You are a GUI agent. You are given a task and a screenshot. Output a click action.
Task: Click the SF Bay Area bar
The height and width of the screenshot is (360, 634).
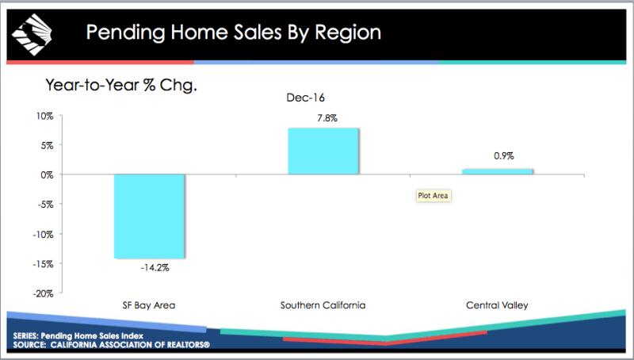pyautogui.click(x=149, y=216)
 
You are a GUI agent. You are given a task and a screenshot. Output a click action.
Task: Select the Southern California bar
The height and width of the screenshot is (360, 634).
pyautogui.click(x=323, y=151)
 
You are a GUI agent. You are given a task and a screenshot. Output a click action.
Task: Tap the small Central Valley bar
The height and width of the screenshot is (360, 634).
pyautogui.click(x=498, y=171)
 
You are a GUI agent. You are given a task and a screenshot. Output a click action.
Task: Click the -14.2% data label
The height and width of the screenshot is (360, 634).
pyautogui.click(x=155, y=268)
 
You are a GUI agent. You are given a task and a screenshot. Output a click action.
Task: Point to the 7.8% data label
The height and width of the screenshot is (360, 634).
pyautogui.click(x=327, y=118)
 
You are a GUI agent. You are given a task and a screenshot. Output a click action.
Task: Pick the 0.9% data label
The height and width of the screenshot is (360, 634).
pyautogui.click(x=504, y=155)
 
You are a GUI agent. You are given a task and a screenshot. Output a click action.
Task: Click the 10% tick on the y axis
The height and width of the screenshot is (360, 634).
pyautogui.click(x=45, y=116)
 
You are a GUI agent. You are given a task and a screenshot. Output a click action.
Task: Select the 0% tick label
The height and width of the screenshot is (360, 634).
pyautogui.click(x=47, y=175)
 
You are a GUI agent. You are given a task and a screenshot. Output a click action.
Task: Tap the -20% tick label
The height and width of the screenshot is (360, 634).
pyautogui.click(x=44, y=293)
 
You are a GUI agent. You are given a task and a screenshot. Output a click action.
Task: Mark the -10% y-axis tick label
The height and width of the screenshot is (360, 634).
pyautogui.click(x=44, y=235)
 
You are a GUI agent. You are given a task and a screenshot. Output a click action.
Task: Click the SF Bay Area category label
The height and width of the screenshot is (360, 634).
pyautogui.click(x=149, y=305)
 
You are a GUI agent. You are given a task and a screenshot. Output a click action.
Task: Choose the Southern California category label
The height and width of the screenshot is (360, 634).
pyautogui.click(x=323, y=305)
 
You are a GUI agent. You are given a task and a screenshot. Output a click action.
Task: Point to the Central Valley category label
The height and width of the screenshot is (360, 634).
pyautogui.click(x=497, y=305)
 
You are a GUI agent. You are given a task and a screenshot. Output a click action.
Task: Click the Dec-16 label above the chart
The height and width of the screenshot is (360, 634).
pyautogui.click(x=306, y=98)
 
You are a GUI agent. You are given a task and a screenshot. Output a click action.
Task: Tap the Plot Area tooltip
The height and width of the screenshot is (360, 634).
pyautogui.click(x=433, y=196)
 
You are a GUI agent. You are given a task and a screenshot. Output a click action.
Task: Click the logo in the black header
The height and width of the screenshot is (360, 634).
pyautogui.click(x=32, y=35)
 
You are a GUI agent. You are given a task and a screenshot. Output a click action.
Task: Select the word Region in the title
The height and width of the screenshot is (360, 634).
pyautogui.click(x=348, y=33)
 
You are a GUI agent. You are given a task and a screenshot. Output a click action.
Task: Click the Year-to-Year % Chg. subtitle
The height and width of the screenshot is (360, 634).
pyautogui.click(x=121, y=86)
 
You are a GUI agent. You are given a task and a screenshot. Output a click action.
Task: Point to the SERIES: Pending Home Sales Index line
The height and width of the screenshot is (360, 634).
pyautogui.click(x=78, y=335)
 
